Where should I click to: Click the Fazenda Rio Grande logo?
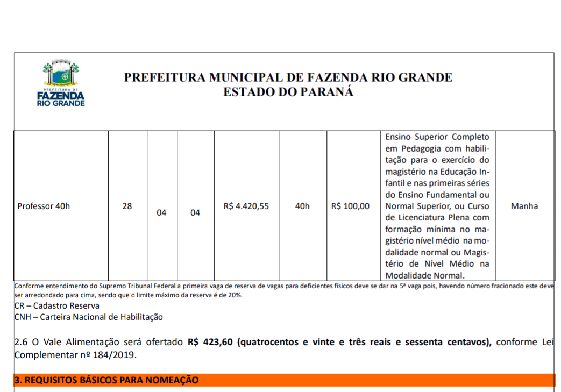pos(61,84)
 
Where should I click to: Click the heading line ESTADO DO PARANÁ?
pos(288,92)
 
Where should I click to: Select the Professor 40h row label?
pos(44,206)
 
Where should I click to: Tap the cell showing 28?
pos(127,206)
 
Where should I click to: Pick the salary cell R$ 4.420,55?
pos(246,206)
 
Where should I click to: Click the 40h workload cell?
pos(302,206)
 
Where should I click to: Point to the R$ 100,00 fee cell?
pos(350,206)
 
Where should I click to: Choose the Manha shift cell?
pos(524,206)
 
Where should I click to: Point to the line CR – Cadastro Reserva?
pos(56,306)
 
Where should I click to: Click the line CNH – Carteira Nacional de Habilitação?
pos(88,317)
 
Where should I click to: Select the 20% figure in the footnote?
pos(235,295)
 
